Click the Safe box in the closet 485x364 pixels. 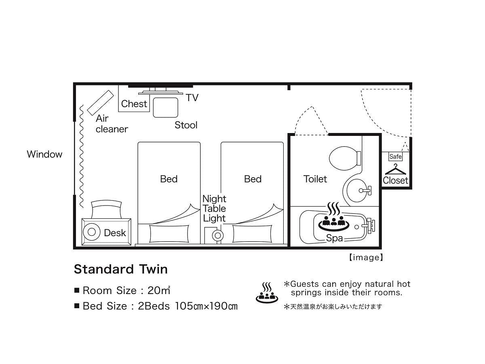point(395,157)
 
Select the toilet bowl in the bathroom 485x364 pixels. point(345,158)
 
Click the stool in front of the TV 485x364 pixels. point(165,108)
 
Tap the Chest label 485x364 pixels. point(134,104)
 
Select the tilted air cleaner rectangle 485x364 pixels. point(101,103)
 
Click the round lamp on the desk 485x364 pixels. point(91,232)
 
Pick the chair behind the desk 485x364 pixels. point(106,209)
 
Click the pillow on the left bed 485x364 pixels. point(169,234)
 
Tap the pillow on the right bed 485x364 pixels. point(252,234)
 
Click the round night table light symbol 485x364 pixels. point(217,236)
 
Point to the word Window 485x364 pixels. point(44,154)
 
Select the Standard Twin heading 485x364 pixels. point(120,269)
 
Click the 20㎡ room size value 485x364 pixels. point(159,290)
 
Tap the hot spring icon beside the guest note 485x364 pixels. point(267,292)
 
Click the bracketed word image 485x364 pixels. point(366,258)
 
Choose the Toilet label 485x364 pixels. point(315,179)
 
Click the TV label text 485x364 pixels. point(192,97)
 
